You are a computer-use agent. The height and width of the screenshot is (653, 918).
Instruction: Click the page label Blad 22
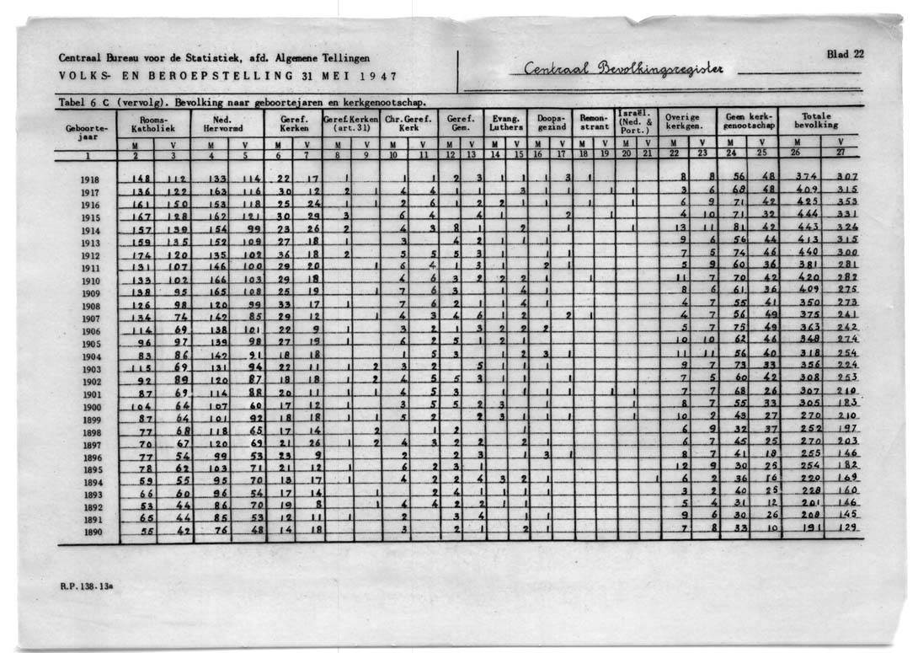tap(845, 54)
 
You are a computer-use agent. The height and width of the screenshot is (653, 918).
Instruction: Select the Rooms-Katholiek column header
tap(154, 125)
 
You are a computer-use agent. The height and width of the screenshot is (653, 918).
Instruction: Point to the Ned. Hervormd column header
tap(222, 125)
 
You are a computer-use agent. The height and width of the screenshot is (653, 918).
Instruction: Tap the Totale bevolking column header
tap(819, 120)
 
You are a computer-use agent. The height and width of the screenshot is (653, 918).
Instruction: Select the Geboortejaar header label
tap(87, 133)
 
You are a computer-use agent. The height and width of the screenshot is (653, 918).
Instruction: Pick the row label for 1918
tap(90, 179)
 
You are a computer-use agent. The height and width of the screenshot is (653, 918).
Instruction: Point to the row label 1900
tap(90, 407)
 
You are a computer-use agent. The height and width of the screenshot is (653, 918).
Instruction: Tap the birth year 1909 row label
tap(90, 292)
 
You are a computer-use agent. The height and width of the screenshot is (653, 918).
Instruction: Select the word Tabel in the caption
tap(72, 102)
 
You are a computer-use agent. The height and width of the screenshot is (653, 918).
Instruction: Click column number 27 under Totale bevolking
tap(841, 154)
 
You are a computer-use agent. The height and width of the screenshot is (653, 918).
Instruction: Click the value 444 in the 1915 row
tap(807, 215)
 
